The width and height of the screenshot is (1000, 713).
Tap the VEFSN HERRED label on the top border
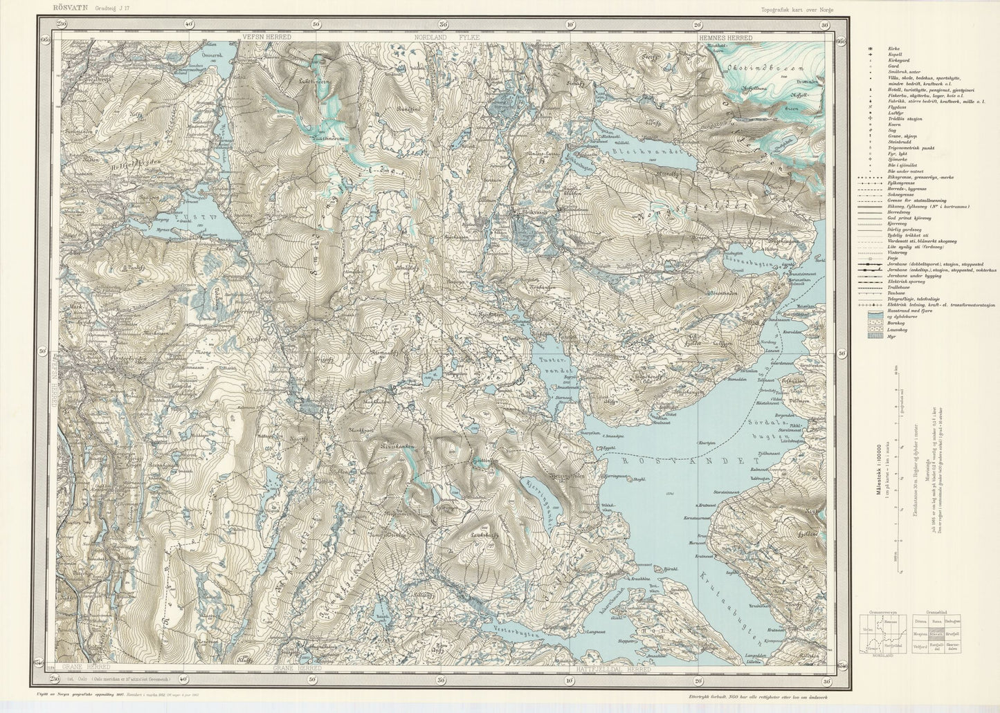[266, 36]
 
